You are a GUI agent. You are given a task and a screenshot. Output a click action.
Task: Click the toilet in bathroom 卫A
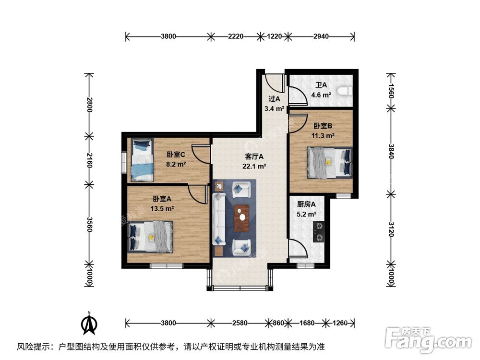coord(345,90)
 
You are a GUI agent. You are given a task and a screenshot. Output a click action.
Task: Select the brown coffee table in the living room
coord(241,218)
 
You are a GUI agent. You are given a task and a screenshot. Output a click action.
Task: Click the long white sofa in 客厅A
coord(219,218)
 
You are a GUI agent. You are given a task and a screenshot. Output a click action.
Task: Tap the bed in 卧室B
coord(330,162)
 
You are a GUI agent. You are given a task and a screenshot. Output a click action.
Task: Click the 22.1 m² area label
coord(254,167)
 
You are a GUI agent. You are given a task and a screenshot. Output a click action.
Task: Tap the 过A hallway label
coord(274,99)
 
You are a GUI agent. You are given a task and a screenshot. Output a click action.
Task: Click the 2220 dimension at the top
coord(235,36)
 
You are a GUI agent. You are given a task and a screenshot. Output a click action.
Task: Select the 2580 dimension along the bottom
coord(238,323)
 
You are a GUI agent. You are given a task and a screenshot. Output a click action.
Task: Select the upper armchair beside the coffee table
coord(241,189)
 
